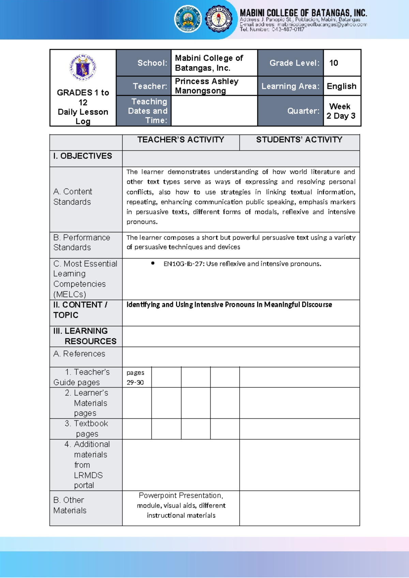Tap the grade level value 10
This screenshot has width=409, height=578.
pos(333,63)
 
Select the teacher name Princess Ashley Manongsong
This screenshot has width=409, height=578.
pos(207,86)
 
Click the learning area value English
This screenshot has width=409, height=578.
pos(342,86)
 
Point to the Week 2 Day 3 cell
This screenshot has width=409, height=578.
pos(341,111)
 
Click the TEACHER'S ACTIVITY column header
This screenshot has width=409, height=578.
pos(181,140)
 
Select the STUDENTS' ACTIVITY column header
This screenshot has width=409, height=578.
pos(299,140)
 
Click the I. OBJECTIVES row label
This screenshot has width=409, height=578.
pos(83,156)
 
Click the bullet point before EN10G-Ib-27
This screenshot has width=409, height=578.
pos(153,263)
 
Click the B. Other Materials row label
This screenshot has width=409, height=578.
pos(70,505)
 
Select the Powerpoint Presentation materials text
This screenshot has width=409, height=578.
pos(181,505)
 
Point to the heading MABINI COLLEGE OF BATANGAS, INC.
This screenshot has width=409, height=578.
pos(303,13)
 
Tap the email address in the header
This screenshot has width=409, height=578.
pos(322,25)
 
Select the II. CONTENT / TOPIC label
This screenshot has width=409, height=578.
pos(80,310)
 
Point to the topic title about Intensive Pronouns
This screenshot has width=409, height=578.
pos(229,305)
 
